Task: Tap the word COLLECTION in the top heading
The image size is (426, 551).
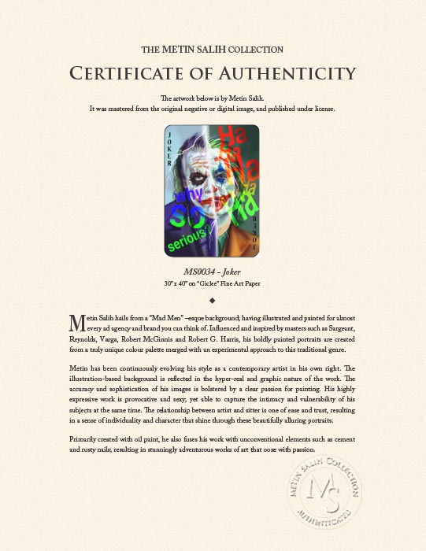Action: (257, 50)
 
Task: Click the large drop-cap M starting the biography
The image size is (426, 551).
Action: (76, 323)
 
